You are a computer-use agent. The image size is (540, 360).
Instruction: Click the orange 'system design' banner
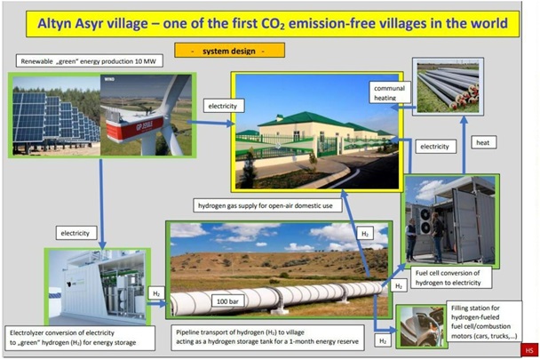point(229,51)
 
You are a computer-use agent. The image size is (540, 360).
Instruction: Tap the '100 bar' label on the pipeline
point(227,301)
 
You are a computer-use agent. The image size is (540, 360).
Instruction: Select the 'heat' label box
point(483,142)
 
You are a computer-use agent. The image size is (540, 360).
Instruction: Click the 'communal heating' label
point(390,92)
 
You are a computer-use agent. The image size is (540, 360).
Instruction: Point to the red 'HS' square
point(529,350)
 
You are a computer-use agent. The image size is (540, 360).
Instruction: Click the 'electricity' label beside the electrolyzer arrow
point(76,233)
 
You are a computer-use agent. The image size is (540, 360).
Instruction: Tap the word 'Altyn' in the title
point(54,23)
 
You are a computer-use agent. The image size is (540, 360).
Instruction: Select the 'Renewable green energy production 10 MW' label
point(89,61)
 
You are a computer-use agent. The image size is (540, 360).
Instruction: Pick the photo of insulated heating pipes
point(448,86)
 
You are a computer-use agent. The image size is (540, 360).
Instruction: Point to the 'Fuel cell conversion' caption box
point(451,277)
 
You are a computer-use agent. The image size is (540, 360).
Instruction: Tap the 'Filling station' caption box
point(484,322)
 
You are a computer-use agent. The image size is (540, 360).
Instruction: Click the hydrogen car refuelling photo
point(422,326)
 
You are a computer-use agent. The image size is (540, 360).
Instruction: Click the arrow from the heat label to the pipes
point(464,145)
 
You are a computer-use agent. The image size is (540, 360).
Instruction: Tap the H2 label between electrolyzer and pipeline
point(156,293)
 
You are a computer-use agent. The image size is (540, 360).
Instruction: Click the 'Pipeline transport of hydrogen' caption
point(267,337)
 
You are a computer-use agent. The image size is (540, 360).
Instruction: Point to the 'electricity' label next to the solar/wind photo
point(224,106)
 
